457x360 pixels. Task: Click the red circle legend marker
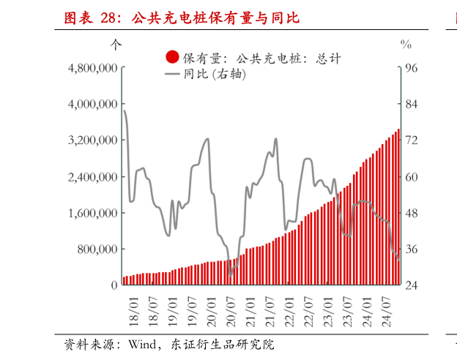point(173,57)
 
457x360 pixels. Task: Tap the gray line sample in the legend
point(173,75)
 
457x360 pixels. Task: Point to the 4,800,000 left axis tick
point(92,68)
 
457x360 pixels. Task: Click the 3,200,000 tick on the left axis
point(92,140)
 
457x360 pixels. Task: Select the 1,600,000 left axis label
point(92,213)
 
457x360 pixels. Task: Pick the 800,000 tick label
point(97,250)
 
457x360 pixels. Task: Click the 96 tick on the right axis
point(411,68)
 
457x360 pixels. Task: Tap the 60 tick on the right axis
point(411,177)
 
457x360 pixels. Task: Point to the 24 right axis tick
point(411,285)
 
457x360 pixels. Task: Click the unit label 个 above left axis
point(116,44)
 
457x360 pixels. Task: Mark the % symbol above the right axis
point(406,44)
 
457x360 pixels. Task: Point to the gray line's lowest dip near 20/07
point(231,275)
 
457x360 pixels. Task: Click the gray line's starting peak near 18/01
point(124,110)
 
